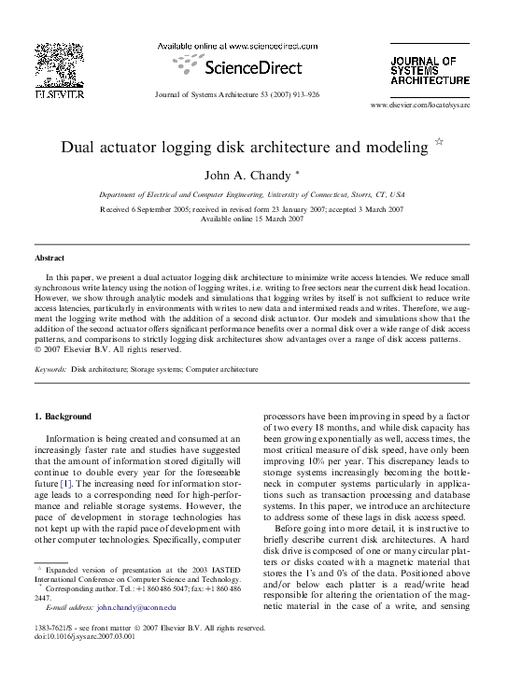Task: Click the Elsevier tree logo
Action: click(60, 65)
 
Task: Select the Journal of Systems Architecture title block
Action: click(430, 70)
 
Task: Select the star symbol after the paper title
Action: click(440, 143)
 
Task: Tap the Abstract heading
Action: click(49, 257)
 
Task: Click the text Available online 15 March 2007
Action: click(252, 219)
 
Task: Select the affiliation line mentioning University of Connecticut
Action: click(252, 194)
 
